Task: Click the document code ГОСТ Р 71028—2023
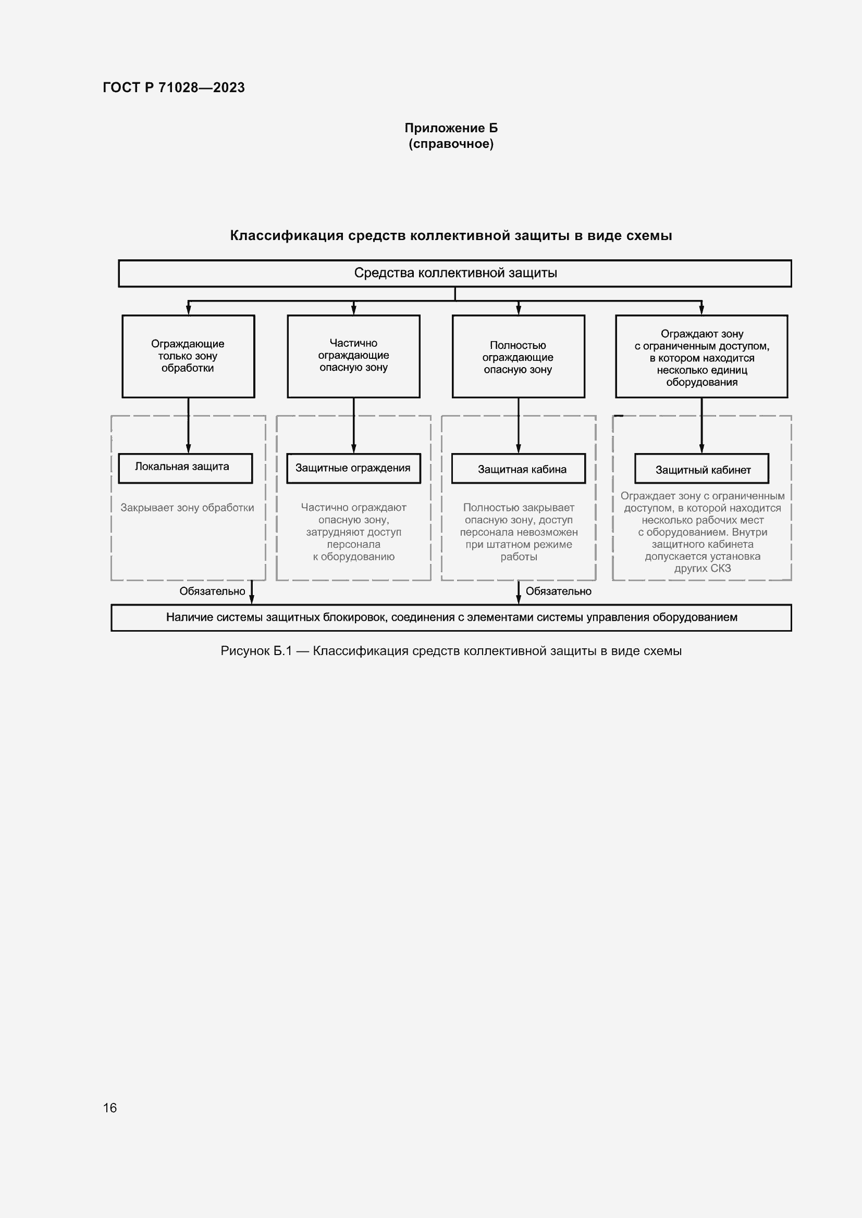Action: (174, 87)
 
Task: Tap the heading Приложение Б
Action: (451, 128)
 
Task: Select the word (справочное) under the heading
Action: (451, 144)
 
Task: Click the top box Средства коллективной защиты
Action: (455, 273)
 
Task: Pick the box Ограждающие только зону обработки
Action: (188, 356)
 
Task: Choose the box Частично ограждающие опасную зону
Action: (353, 356)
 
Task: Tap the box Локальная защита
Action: (184, 468)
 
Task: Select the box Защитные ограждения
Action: (353, 468)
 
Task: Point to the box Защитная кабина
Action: (519, 469)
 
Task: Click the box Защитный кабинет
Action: (701, 469)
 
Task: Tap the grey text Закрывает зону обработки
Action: (188, 508)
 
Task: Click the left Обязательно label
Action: (212, 591)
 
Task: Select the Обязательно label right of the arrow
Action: (558, 591)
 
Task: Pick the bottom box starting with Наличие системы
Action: (451, 618)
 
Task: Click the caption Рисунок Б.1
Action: (451, 651)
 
